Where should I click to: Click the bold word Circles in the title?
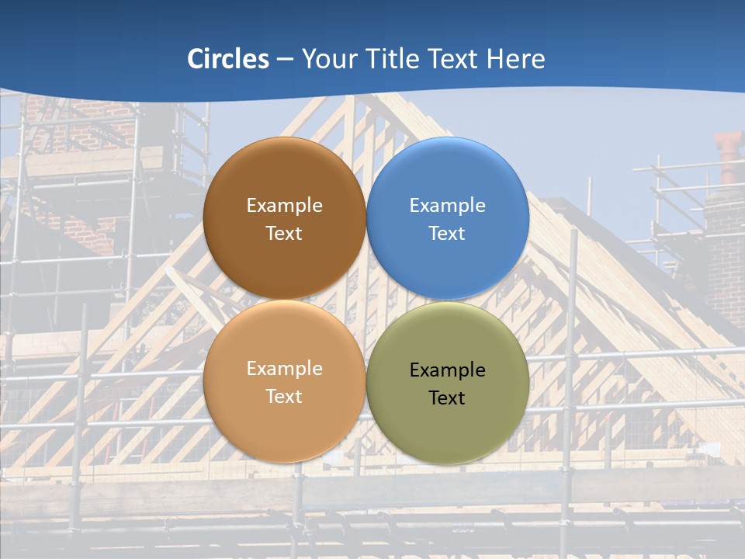(228, 59)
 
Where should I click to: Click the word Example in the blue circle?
(447, 206)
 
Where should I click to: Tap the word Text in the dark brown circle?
(284, 234)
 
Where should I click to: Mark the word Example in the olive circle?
(447, 370)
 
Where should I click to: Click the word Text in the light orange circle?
(284, 397)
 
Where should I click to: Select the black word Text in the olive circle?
(447, 398)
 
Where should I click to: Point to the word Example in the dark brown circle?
(284, 206)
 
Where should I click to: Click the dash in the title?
(285, 60)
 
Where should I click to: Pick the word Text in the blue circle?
(447, 234)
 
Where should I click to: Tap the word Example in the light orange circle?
(284, 369)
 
